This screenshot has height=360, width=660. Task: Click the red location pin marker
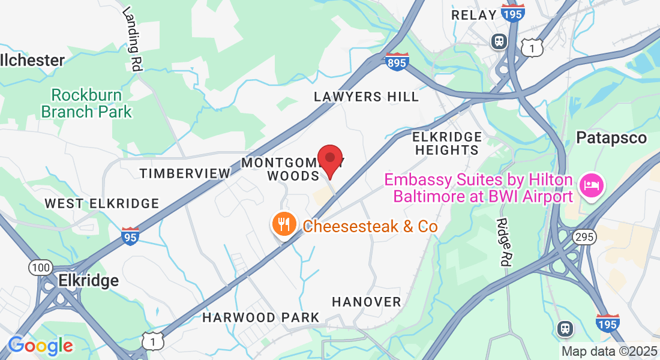tap(329, 159)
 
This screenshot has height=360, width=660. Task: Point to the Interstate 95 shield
tap(130, 236)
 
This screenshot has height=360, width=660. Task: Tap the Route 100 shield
tap(40, 268)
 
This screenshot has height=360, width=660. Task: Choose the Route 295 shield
tap(584, 237)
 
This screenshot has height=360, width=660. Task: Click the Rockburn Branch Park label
tap(86, 103)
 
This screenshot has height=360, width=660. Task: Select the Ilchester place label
tap(33, 60)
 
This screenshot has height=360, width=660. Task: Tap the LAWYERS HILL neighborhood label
tap(367, 97)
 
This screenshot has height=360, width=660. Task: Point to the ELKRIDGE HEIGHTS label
tap(448, 143)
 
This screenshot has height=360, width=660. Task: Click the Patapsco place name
tap(611, 138)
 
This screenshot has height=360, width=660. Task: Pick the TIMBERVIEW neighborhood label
tap(185, 173)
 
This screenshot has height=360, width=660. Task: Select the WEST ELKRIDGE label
tap(102, 203)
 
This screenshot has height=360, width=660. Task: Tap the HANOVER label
tap(366, 301)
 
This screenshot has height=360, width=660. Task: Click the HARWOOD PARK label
tap(260, 317)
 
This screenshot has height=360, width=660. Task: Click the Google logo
tap(41, 346)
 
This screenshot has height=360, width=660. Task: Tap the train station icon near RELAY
tap(499, 41)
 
